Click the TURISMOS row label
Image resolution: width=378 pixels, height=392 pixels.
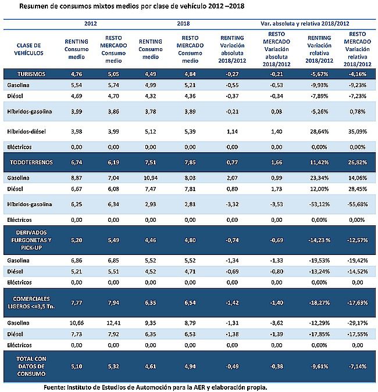coord(31,74)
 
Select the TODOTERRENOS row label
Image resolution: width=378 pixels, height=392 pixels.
coord(31,162)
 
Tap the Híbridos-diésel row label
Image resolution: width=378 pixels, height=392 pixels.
coord(26,131)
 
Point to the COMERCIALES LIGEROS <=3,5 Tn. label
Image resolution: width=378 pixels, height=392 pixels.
coord(31,303)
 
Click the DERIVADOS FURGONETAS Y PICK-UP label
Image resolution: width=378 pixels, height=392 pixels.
coord(31,240)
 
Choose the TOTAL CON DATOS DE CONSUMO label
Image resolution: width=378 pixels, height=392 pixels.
coord(31,366)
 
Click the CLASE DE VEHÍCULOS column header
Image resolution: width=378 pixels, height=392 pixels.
coord(28,49)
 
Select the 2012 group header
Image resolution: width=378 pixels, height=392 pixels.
coord(90,23)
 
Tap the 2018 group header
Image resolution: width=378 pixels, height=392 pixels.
coord(183,23)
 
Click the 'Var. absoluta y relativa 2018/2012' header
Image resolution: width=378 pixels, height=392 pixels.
coord(305,23)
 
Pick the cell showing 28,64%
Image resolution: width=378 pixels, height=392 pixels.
coord(319,131)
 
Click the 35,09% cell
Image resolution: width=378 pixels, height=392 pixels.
coord(358,131)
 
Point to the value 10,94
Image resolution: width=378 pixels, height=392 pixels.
coord(151,178)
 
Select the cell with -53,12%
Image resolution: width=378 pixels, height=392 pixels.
coord(319,204)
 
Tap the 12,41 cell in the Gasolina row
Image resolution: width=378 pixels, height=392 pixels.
coord(113,323)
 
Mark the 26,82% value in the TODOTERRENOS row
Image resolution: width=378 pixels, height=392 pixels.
coord(358,162)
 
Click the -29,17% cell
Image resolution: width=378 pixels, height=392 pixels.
coord(358,323)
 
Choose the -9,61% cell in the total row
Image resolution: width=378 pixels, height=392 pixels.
coord(319,366)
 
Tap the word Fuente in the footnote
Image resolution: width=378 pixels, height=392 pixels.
coord(54,387)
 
